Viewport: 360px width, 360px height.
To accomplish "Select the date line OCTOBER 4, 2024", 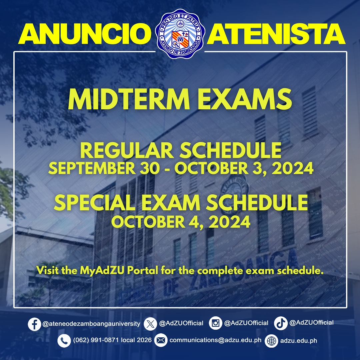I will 180,222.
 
